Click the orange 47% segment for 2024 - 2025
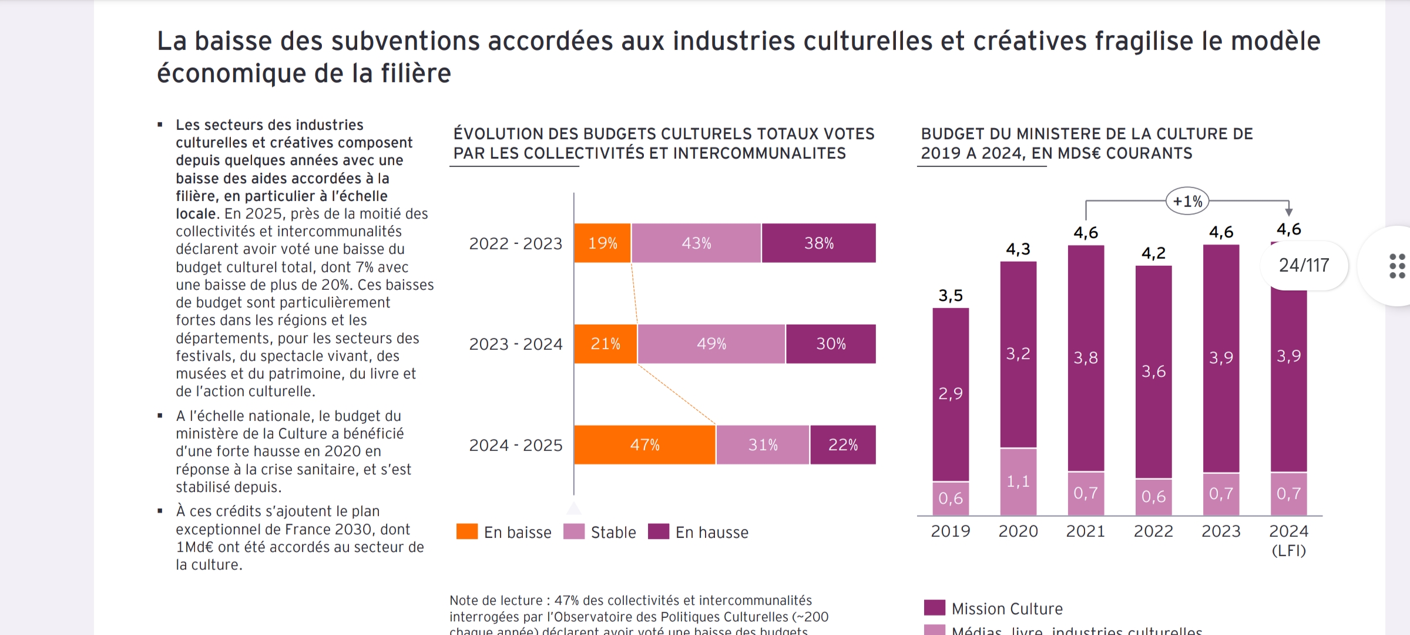click(644, 445)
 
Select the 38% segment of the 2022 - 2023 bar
click(818, 243)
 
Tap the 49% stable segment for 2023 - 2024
click(711, 344)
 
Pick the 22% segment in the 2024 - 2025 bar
click(842, 445)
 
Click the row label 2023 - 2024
click(515, 344)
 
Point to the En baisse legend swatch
click(467, 532)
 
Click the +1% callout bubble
click(1187, 202)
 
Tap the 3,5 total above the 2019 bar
click(951, 295)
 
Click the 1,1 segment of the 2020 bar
click(1018, 482)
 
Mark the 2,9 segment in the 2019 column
click(951, 393)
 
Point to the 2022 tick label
click(1153, 531)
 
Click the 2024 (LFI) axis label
click(1288, 540)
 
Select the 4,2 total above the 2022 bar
click(1153, 253)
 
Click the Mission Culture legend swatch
click(934, 607)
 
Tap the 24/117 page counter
click(1304, 265)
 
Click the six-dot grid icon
click(1397, 266)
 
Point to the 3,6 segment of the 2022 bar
click(1153, 372)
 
